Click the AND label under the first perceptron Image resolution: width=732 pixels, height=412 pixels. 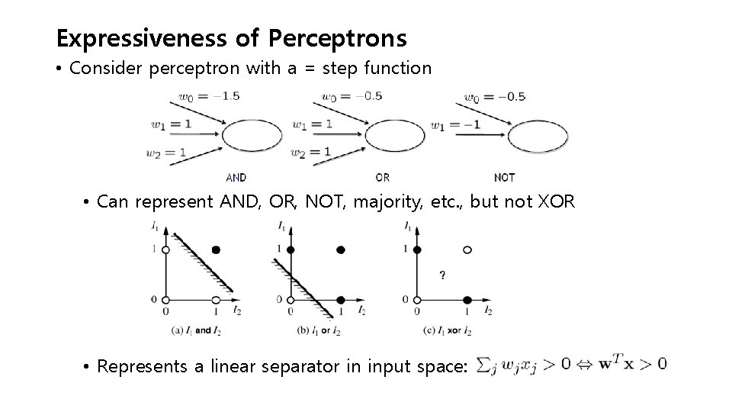click(x=236, y=177)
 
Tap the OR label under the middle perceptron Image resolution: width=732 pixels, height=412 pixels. click(x=382, y=177)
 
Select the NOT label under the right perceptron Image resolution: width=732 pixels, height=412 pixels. click(x=505, y=177)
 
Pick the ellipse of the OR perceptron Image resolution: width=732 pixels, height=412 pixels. click(x=394, y=137)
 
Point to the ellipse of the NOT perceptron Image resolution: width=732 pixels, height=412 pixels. click(x=538, y=137)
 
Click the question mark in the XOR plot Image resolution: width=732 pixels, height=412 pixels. click(x=441, y=275)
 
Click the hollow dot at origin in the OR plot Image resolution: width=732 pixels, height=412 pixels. click(x=291, y=299)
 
